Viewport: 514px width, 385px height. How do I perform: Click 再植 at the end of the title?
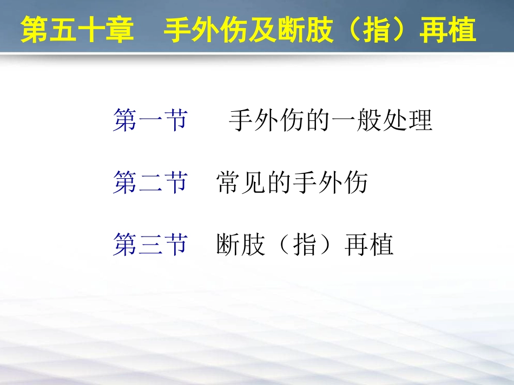tap(447, 30)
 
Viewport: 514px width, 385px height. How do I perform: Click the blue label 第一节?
tap(150, 120)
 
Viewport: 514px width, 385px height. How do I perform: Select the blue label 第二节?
tap(150, 183)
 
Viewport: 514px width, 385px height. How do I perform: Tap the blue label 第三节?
tap(150, 245)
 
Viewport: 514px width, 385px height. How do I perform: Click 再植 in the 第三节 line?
tap(370, 245)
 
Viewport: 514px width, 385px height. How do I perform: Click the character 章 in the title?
tap(120, 30)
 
